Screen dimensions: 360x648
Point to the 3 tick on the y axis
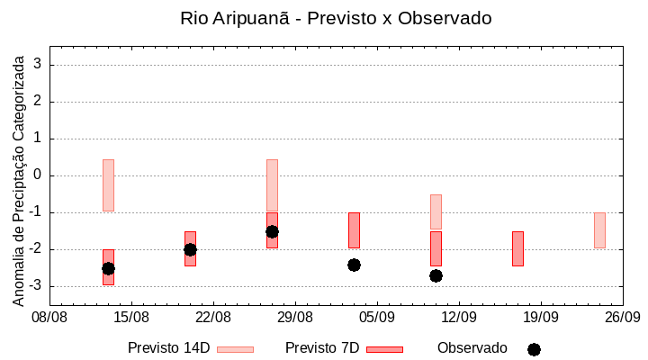tap(39, 65)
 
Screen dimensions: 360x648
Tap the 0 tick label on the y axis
tap(39, 175)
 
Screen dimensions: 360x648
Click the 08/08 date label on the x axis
tap(50, 317)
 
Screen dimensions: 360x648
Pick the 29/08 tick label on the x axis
tap(295, 317)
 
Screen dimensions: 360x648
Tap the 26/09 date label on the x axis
tap(623, 317)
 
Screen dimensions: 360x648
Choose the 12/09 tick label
tap(459, 317)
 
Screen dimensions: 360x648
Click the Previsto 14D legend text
tap(168, 348)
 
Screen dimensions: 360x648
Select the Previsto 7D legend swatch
tap(384, 349)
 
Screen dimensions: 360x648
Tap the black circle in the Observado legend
tap(534, 349)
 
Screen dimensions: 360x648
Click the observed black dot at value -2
tap(190, 249)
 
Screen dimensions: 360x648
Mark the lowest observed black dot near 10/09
tap(436, 275)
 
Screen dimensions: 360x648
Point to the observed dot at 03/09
tap(354, 265)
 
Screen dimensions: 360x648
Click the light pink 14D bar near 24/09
tap(599, 229)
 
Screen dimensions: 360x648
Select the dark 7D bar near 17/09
tap(517, 248)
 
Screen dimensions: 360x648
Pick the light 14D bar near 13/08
tap(108, 184)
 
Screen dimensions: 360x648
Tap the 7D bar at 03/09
tap(354, 229)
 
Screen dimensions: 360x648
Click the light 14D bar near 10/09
tap(436, 211)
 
